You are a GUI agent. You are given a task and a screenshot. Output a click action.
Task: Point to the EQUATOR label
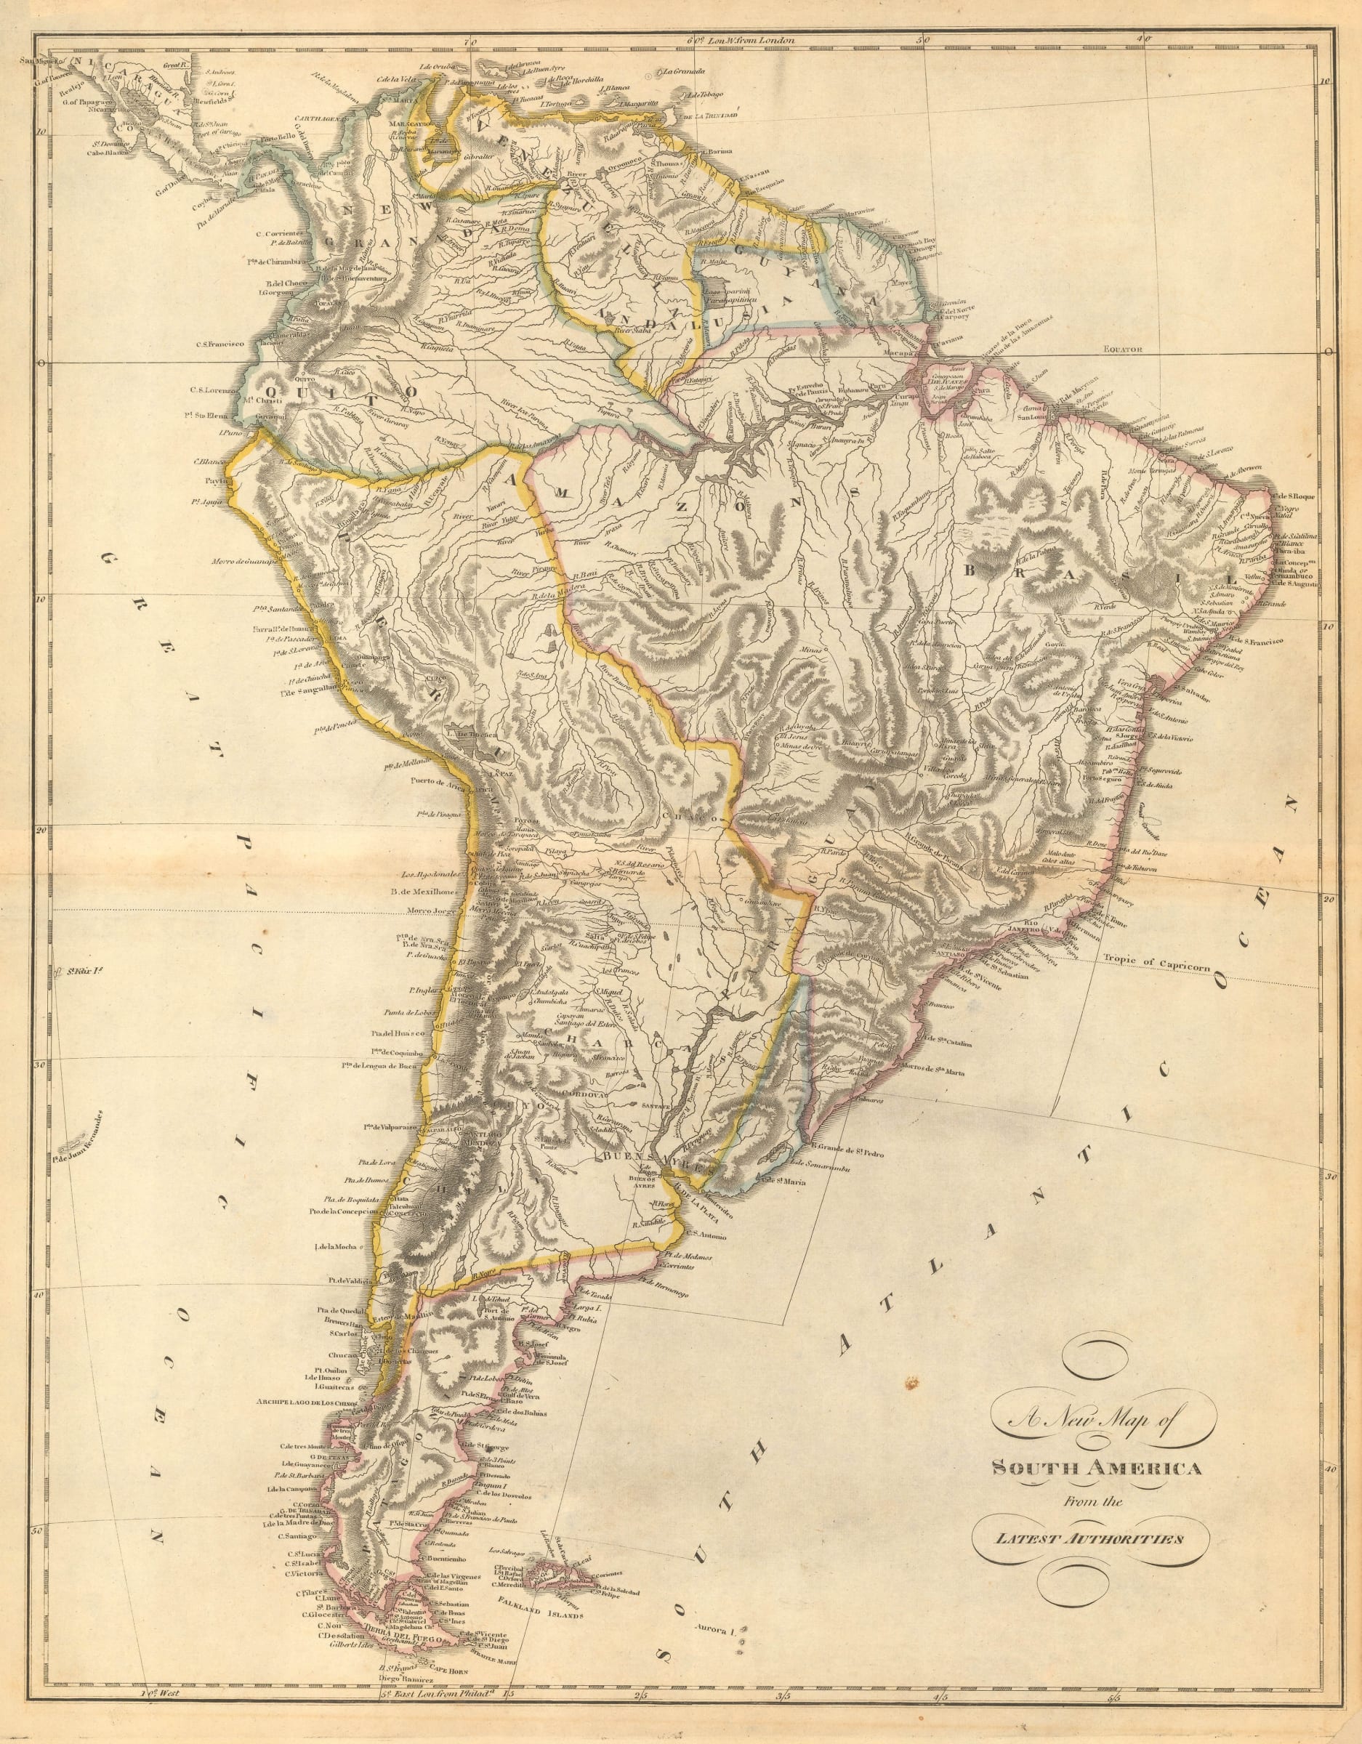[x=1123, y=349]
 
